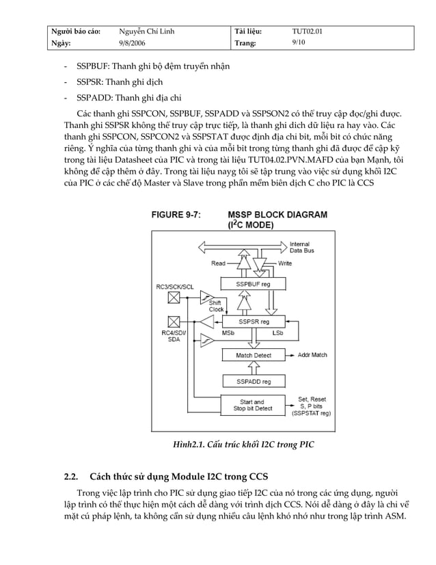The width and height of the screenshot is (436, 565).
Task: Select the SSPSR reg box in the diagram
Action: [x=253, y=321]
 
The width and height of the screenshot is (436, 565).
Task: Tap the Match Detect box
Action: [x=253, y=355]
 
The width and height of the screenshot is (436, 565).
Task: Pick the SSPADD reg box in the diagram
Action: [x=253, y=381]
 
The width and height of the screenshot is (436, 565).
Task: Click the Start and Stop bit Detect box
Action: [x=253, y=406]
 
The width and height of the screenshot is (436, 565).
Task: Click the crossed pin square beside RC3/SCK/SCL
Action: [x=174, y=296]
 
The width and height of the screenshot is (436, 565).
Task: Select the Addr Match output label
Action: [x=313, y=355]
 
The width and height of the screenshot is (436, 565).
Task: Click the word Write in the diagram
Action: [x=285, y=263]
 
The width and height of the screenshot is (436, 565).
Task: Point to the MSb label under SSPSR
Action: [x=230, y=333]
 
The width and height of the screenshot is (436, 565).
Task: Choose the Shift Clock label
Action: [x=216, y=305]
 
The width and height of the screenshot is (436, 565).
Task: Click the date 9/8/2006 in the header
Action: [x=133, y=43]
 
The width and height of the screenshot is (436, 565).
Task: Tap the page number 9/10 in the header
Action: [x=298, y=43]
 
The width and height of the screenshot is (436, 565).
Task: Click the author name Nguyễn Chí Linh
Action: [x=146, y=31]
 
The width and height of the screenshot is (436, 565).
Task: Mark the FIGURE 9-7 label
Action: [x=176, y=214]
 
